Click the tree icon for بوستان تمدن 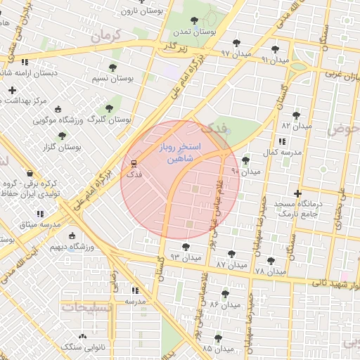(x=193, y=21)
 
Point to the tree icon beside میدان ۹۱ (x=274, y=49)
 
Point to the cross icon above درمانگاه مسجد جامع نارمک (x=298, y=193)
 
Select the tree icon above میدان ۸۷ (x=231, y=254)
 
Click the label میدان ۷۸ (x=271, y=271)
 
